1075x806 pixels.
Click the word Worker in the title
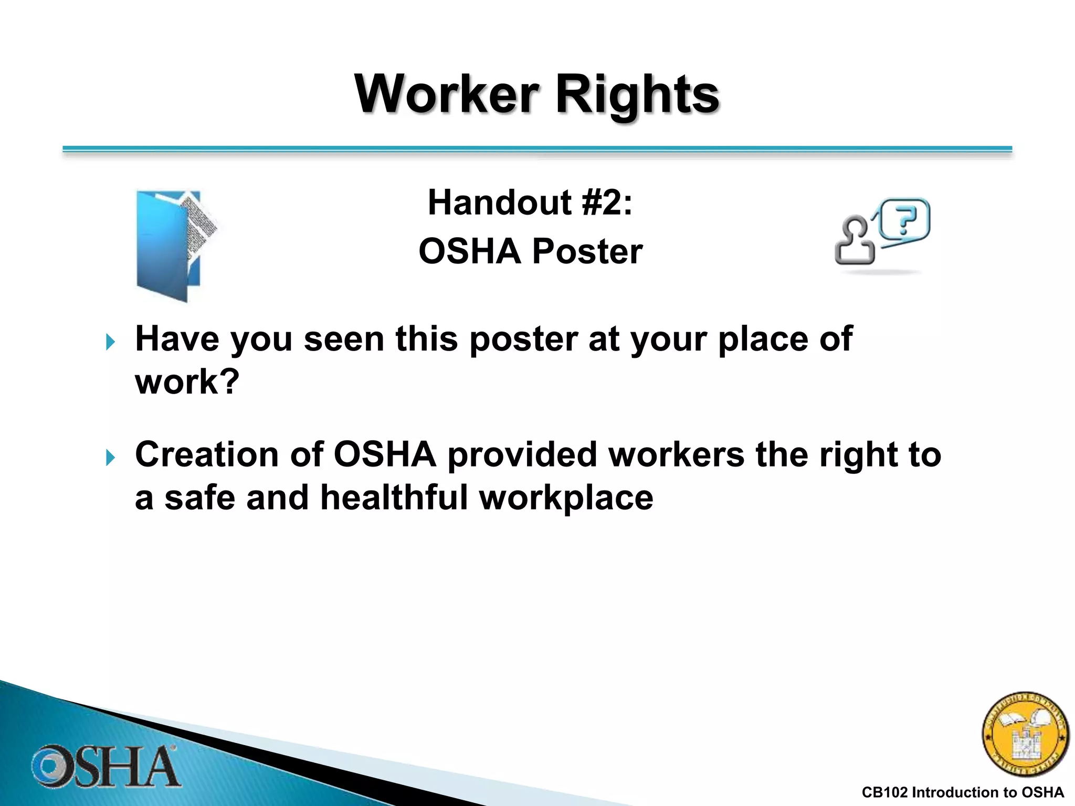447,94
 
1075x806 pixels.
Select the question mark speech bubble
904,220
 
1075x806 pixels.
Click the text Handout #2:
530,203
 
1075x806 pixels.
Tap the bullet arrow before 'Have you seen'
110,342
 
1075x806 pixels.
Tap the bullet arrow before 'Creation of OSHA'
110,457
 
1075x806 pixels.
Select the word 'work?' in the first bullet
187,381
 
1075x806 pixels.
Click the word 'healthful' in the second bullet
394,497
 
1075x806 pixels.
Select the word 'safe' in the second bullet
199,497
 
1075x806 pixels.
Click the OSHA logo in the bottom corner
105,767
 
